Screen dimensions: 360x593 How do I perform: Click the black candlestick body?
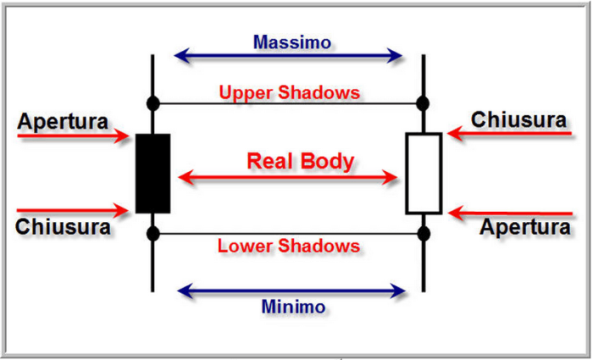click(x=152, y=173)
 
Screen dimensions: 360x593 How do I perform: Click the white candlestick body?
click(x=424, y=173)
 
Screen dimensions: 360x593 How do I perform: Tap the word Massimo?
click(x=292, y=41)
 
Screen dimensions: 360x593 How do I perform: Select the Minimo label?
click(x=292, y=307)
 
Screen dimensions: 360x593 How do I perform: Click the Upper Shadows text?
click(x=289, y=91)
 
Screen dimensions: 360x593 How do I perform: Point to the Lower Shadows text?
click(x=289, y=246)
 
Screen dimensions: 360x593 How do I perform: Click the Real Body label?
click(x=301, y=161)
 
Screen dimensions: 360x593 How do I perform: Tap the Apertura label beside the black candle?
click(x=63, y=122)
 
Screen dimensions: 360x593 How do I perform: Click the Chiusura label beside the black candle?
click(x=63, y=227)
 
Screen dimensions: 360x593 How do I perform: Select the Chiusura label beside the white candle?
click(x=518, y=119)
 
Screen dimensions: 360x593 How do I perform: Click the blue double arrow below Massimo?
click(x=288, y=57)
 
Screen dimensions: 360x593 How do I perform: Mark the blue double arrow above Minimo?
click(x=292, y=292)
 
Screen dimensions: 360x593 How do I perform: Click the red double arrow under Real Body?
click(x=288, y=178)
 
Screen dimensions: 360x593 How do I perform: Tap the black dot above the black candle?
click(x=152, y=104)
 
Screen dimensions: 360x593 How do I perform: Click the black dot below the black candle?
click(x=152, y=233)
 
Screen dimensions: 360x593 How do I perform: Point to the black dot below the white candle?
click(x=424, y=233)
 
